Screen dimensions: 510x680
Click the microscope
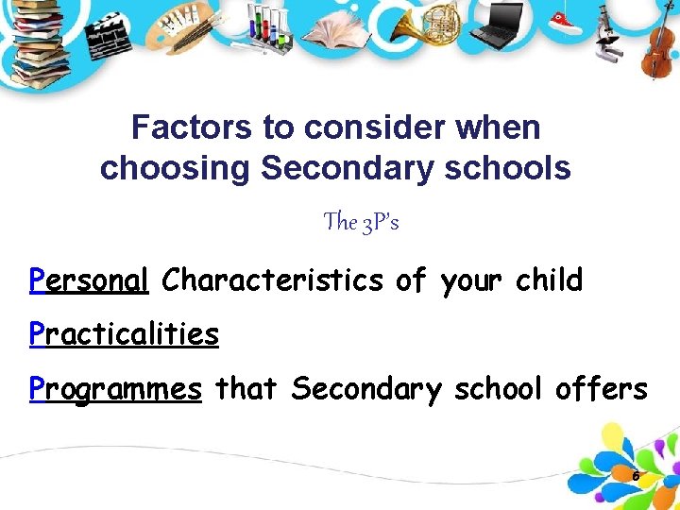(608, 38)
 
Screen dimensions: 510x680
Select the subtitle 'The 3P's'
(361, 222)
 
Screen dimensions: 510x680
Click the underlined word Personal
(89, 280)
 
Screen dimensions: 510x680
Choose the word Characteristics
(272, 280)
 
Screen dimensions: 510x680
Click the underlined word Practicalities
(124, 334)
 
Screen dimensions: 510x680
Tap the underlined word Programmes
(115, 389)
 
